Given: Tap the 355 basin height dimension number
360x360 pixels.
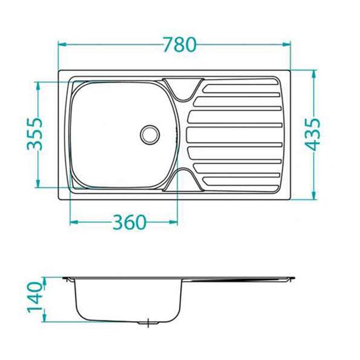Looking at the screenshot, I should click(35, 134).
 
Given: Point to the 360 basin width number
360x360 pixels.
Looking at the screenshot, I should click(127, 222).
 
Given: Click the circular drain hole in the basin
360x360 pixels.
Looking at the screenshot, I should click(150, 133).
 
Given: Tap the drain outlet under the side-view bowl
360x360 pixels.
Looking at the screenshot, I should click(150, 322).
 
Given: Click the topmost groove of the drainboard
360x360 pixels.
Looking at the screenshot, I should click(240, 86).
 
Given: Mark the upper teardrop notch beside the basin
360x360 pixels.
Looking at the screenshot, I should click(181, 89).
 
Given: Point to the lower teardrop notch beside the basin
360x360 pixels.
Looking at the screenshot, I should click(181, 178).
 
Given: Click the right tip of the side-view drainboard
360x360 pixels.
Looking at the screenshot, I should click(293, 277).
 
